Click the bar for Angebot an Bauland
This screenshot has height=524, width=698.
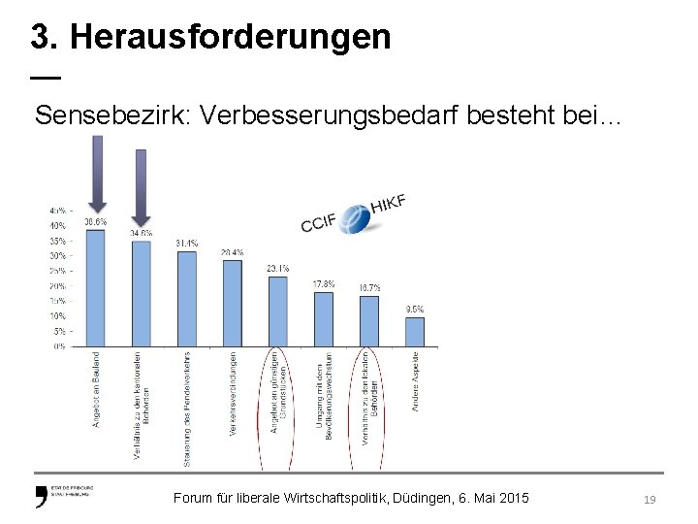coord(96,287)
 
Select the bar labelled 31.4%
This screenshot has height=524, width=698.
coord(187,298)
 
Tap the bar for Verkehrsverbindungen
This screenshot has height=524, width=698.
coord(233,302)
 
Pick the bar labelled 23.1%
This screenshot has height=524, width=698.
coord(278,311)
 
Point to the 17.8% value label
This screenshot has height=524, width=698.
coord(324,283)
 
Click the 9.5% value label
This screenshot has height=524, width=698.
coord(415,309)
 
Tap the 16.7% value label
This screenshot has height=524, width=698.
coord(369,287)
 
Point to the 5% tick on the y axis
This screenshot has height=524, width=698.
coord(59,331)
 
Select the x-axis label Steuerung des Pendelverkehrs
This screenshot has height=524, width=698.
coord(187,393)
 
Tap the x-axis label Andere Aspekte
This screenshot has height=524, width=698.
coord(415,380)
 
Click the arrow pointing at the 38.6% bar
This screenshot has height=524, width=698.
coord(96,175)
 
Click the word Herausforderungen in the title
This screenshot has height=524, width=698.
coord(231,37)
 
